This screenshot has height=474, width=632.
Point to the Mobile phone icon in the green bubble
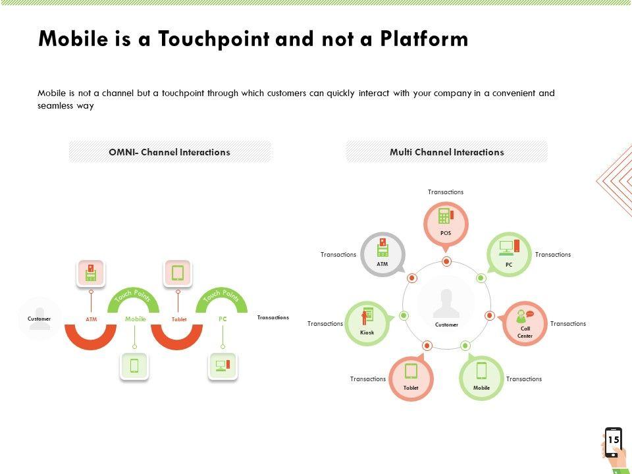point(481,371)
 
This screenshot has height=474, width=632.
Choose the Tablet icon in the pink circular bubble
point(411,371)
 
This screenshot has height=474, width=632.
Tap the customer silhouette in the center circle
point(446,303)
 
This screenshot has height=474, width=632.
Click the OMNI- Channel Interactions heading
point(169,152)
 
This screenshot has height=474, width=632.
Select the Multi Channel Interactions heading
point(446,152)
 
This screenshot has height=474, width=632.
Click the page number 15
point(614,439)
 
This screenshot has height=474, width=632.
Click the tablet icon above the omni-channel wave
point(178,272)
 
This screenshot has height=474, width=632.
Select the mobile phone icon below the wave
point(134,365)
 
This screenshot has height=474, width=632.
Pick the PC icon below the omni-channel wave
point(223,365)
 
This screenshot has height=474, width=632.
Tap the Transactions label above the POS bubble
point(446,192)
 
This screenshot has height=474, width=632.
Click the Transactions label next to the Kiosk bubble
point(325,324)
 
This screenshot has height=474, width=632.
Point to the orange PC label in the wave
point(223,319)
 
